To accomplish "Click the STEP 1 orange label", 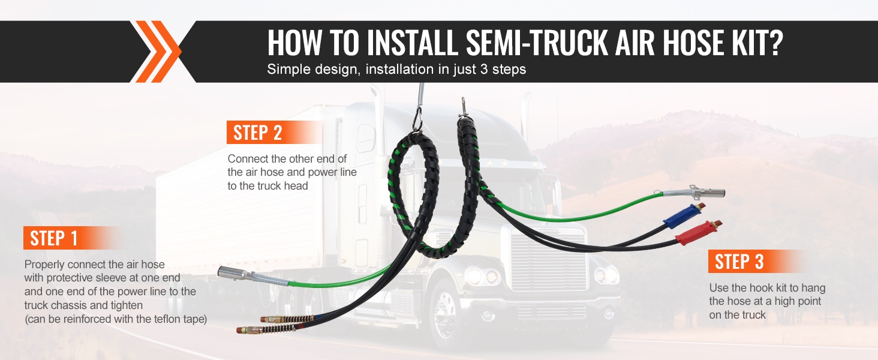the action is [73, 238].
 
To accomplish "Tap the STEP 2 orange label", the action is [275, 132].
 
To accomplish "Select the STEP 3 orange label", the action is [756, 261].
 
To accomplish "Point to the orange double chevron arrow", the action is [156, 52].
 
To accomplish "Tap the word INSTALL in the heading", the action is [413, 43].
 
